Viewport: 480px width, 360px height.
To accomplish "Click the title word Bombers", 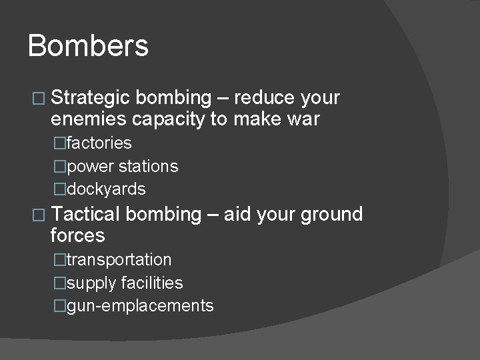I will tap(88, 46).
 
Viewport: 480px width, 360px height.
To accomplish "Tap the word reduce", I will tap(265, 98).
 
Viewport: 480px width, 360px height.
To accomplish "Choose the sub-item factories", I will tap(99, 143).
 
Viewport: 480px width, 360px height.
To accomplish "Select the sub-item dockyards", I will tap(105, 189).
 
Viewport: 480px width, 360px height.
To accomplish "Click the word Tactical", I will tap(85, 214).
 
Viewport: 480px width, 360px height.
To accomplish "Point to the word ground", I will tap(331, 215).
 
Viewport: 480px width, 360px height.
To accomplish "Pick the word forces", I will tap(77, 235).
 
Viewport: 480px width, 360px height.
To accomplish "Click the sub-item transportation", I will tap(119, 259).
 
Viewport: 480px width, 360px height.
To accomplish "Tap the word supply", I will tap(91, 283).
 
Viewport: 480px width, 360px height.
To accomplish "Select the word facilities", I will tap(152, 283).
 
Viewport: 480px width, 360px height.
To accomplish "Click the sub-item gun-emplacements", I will tap(140, 306).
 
